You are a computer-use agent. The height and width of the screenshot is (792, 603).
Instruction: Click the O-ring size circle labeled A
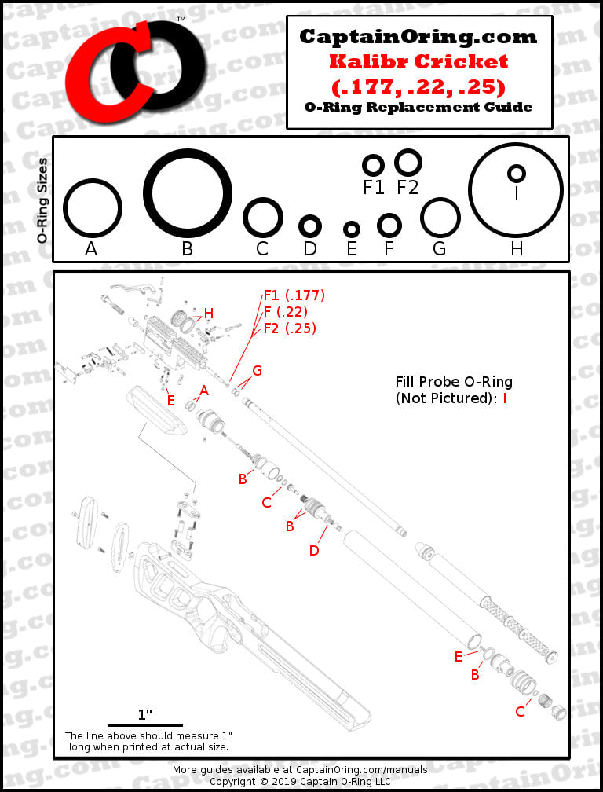pyautogui.click(x=64, y=207)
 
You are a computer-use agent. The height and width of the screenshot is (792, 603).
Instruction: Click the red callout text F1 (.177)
pyautogui.click(x=294, y=295)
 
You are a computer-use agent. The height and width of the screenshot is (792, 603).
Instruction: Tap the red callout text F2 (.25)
pyautogui.click(x=291, y=328)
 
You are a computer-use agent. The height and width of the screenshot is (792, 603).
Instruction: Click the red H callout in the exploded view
pyautogui.click(x=208, y=313)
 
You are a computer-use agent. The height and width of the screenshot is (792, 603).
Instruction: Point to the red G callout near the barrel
pyautogui.click(x=257, y=371)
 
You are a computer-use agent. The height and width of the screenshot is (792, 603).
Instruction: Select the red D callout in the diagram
pyautogui.click(x=314, y=551)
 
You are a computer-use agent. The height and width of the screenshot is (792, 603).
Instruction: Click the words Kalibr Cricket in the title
pyautogui.click(x=418, y=61)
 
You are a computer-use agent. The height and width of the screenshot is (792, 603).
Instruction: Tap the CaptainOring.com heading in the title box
pyautogui.click(x=418, y=36)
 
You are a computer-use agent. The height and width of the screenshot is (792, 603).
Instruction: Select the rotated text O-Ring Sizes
pyautogui.click(x=42, y=200)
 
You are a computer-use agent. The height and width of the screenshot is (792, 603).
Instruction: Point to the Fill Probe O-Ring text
pyautogui.click(x=454, y=382)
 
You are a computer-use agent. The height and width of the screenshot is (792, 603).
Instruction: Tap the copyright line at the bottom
pyautogui.click(x=300, y=781)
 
